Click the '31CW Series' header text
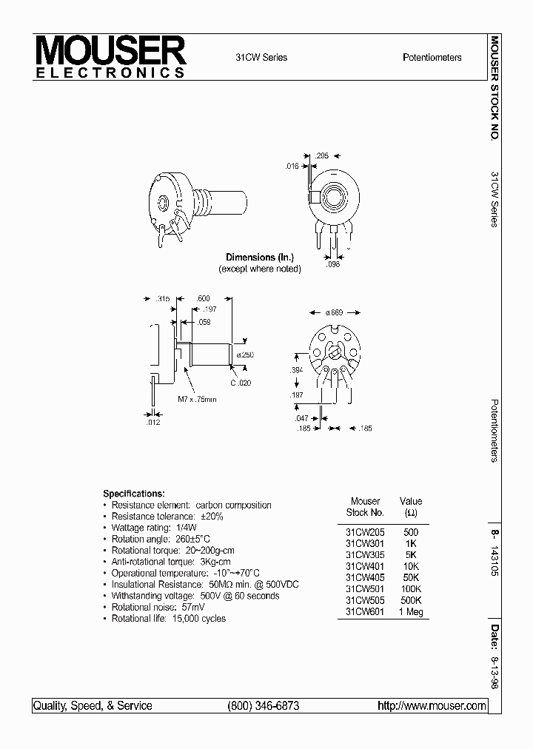pos(261,58)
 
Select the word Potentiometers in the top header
pos(432,58)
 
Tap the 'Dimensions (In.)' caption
pos(260,258)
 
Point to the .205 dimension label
pos(321,155)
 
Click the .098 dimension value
pos(334,264)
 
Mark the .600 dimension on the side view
pos(204,298)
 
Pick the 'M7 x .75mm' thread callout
pos(197,400)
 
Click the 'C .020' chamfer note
pos(241,383)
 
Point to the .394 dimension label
pos(297,369)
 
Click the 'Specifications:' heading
pos(134,494)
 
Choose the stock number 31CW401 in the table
pos(364,566)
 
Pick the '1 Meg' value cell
pos(410,614)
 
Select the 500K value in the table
pos(410,602)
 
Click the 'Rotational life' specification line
pos(169,619)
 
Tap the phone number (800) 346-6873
pos(264,706)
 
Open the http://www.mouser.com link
pos(432,706)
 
